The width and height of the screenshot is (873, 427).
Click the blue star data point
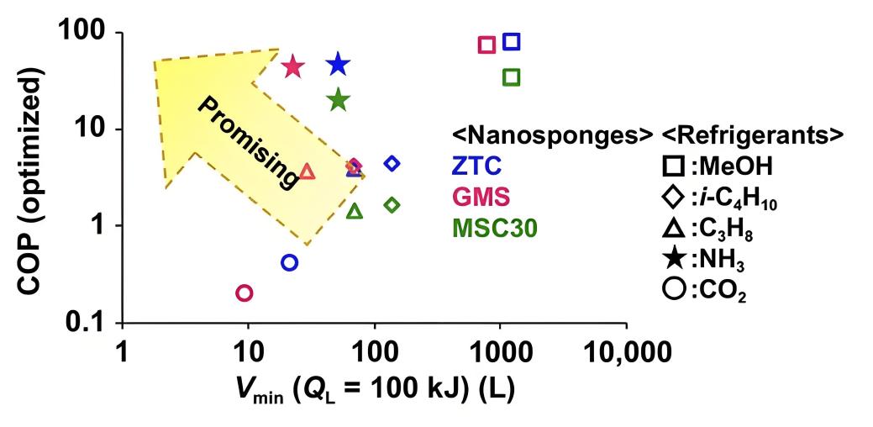click(x=338, y=64)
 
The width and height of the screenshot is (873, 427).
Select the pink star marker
click(x=292, y=66)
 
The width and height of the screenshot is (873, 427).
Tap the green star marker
click(x=338, y=100)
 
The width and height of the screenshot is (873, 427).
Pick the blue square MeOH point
click(x=511, y=42)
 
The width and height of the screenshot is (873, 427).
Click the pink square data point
click(x=486, y=45)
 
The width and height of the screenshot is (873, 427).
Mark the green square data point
click(x=511, y=77)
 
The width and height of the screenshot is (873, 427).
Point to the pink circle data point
click(x=245, y=293)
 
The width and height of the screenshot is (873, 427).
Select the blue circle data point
click(x=289, y=262)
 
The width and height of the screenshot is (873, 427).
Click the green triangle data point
click(x=355, y=211)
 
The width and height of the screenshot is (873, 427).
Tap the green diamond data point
click(x=392, y=204)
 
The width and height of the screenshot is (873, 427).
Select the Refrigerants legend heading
click(x=752, y=134)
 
